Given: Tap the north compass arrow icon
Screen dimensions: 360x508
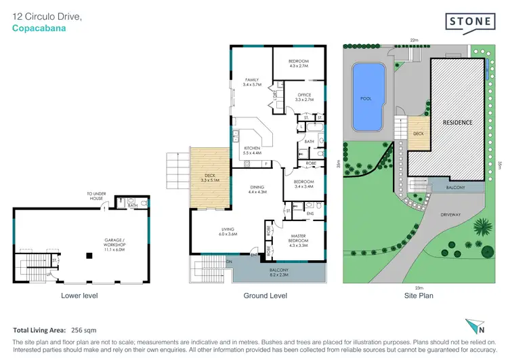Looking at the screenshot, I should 475,325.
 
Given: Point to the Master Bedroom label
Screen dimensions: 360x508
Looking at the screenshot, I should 298,239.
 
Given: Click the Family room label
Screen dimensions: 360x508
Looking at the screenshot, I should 252,82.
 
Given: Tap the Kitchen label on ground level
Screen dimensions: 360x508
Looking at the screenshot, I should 251,151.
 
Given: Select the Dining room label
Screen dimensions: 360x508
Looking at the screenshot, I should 257,191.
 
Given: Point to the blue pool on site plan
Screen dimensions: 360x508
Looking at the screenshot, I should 368,98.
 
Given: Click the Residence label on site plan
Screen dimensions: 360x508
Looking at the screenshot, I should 458,123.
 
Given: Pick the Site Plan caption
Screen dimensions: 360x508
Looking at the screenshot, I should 418,296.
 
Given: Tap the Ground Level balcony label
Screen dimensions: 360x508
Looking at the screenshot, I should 278,273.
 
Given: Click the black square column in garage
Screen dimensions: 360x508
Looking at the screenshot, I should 89,256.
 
